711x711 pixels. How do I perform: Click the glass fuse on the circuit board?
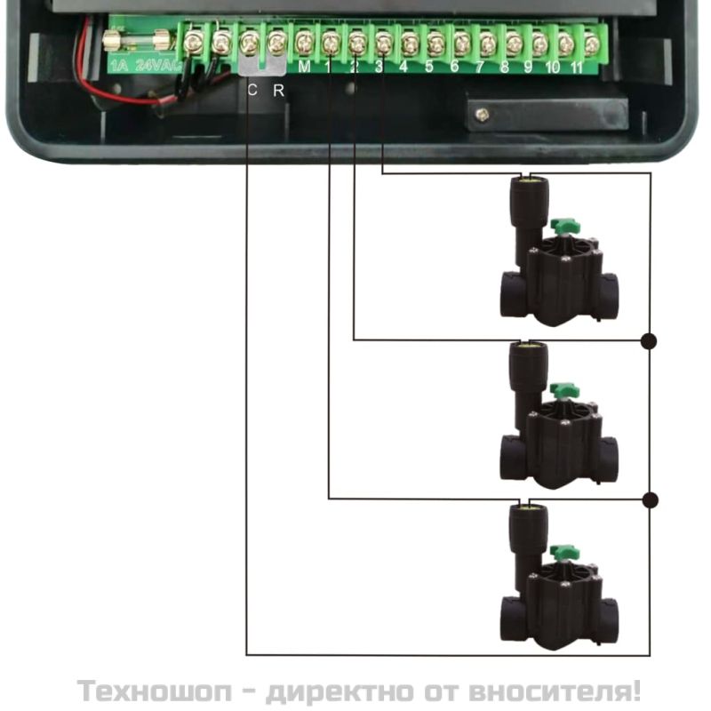138,41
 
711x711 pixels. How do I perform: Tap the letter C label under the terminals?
252,91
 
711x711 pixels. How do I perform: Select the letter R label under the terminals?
278,91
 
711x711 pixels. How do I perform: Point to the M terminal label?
304,68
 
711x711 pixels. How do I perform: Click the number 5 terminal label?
429,67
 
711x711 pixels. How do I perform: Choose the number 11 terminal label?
576,68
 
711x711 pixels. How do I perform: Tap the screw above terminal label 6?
461,44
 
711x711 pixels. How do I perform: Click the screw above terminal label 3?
384,44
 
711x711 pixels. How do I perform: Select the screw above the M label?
304,44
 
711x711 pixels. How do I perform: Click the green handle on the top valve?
565,225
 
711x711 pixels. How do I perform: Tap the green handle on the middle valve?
565,389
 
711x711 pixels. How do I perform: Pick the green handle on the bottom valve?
565,553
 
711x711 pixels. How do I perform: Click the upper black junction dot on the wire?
650,341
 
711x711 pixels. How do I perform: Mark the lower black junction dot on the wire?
651,500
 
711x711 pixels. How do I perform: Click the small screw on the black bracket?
482,114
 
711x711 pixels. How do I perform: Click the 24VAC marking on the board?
157,66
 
